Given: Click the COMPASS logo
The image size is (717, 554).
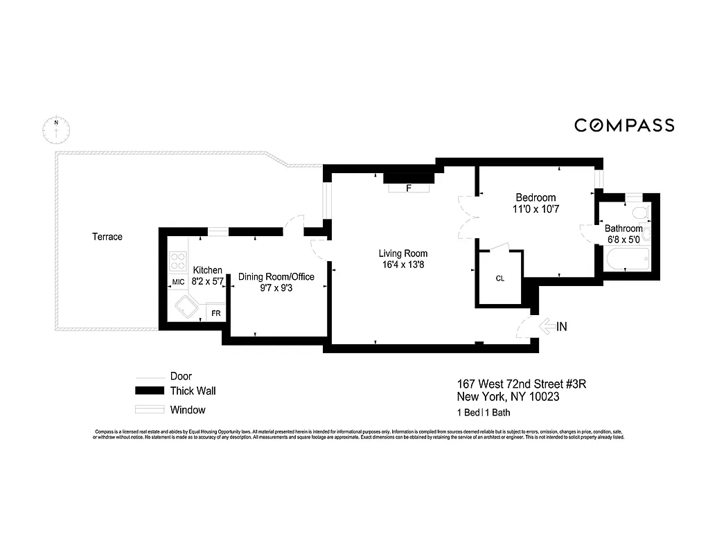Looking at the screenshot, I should click(624, 125).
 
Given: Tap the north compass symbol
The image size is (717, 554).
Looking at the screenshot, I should click(55, 129).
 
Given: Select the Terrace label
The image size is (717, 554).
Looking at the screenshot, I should click(107, 237).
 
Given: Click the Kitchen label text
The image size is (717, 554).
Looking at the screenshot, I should click(207, 270).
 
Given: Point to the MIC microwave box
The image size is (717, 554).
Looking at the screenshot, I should click(178, 282).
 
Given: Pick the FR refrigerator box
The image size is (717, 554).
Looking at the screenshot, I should click(216, 314).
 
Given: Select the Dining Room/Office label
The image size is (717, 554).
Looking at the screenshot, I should click(276, 277).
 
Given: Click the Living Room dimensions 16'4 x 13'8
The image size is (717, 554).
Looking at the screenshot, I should click(402, 265).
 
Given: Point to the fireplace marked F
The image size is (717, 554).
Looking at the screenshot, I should click(409, 188).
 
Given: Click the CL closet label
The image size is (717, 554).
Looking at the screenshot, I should click(500, 278).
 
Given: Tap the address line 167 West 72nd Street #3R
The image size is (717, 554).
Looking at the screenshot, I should click(522, 384).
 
